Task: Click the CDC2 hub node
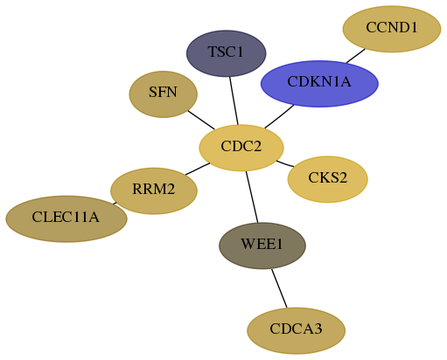coord(241,148)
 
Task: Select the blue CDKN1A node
coord(319,84)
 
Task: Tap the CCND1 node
coord(392,29)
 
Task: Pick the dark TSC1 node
coord(226,53)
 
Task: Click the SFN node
coord(164,94)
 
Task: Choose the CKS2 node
coord(327,179)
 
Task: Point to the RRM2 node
coord(154,190)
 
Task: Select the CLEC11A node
coord(66,218)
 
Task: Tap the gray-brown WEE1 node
coord(262,246)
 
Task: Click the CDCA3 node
coord(296,330)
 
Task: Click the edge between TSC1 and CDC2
coord(234,100)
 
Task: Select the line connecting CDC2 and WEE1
coord(252,197)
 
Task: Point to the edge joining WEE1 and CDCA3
coord(279,288)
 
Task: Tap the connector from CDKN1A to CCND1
coord(356,56)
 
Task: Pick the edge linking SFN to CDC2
coord(201,120)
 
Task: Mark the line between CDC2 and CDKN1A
coord(279,116)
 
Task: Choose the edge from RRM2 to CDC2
coord(198,169)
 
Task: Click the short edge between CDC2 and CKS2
coord(285,164)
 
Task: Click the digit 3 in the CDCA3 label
coord(318,329)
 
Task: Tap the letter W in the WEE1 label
coord(247,244)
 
